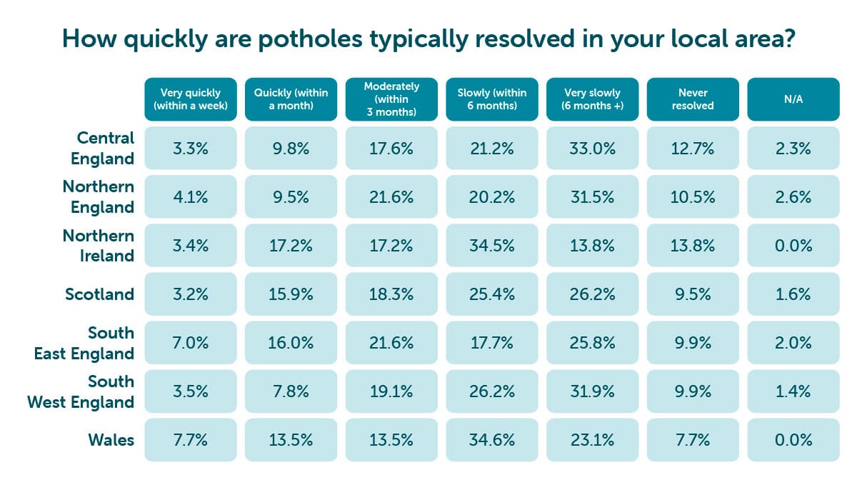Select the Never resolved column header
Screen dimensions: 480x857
[693, 99]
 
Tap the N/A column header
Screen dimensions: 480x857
[793, 99]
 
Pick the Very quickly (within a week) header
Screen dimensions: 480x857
[190, 99]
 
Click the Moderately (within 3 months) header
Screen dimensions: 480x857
[391, 99]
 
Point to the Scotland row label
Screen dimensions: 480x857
[101, 294]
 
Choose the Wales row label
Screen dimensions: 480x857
[111, 439]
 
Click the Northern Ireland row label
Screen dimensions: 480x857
[98, 246]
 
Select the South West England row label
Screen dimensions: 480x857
[81, 391]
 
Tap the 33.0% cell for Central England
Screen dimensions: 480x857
[592, 149]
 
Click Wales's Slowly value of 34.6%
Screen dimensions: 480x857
[492, 439]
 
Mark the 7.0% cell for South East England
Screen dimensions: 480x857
[190, 343]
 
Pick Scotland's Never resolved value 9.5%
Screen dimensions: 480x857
[693, 294]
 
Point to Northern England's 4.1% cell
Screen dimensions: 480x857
[190, 197]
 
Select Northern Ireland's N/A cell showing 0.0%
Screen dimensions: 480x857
[793, 246]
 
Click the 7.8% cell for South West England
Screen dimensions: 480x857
[291, 391]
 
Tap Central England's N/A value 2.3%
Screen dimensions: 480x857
[793, 149]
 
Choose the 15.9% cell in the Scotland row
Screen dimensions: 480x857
[291, 294]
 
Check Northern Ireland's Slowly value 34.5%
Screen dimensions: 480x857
[492, 246]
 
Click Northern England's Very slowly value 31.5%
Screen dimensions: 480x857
[592, 197]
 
